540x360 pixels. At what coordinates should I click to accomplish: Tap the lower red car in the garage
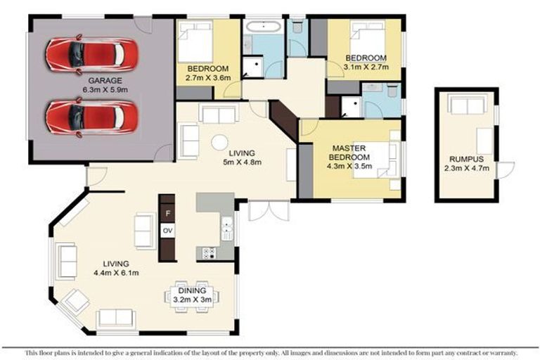click(x=91, y=116)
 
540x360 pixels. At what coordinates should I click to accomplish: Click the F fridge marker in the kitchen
click(x=167, y=212)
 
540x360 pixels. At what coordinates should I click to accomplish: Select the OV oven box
click(x=167, y=230)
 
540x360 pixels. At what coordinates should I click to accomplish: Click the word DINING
click(x=192, y=290)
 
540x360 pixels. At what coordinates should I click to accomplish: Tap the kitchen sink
click(x=227, y=226)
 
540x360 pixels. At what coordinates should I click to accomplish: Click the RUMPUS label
click(x=466, y=160)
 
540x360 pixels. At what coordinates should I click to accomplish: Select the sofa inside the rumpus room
click(x=467, y=105)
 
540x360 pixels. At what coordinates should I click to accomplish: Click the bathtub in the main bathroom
click(x=263, y=29)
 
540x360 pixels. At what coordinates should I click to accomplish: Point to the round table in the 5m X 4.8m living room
click(x=220, y=142)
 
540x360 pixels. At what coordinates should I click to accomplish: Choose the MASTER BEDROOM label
click(x=349, y=153)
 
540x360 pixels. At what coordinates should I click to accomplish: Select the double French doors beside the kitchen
click(x=259, y=210)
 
